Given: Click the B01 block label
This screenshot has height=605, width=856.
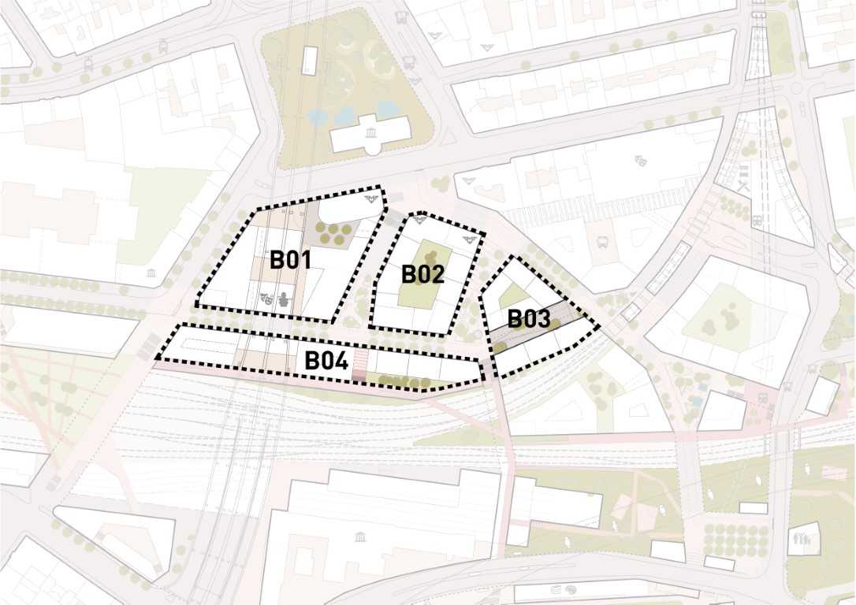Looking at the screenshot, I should point(290,260).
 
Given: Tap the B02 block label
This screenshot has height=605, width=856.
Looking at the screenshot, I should point(422,274).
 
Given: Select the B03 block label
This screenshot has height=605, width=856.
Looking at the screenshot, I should point(528,319).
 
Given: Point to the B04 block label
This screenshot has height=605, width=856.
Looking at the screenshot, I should point(326,362).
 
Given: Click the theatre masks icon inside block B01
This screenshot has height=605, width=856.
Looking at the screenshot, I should point(267,299).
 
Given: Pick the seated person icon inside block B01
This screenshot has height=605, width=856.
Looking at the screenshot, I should point(284,300).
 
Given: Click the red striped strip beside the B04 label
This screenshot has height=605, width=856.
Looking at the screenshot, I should point(359,366).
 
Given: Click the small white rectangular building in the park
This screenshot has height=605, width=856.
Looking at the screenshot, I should point(310,60).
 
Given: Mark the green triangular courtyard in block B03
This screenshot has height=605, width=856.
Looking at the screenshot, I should point(512,297).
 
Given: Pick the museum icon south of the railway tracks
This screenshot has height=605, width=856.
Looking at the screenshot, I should point(360,537).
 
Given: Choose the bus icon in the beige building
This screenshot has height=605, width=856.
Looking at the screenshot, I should point(604,243).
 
